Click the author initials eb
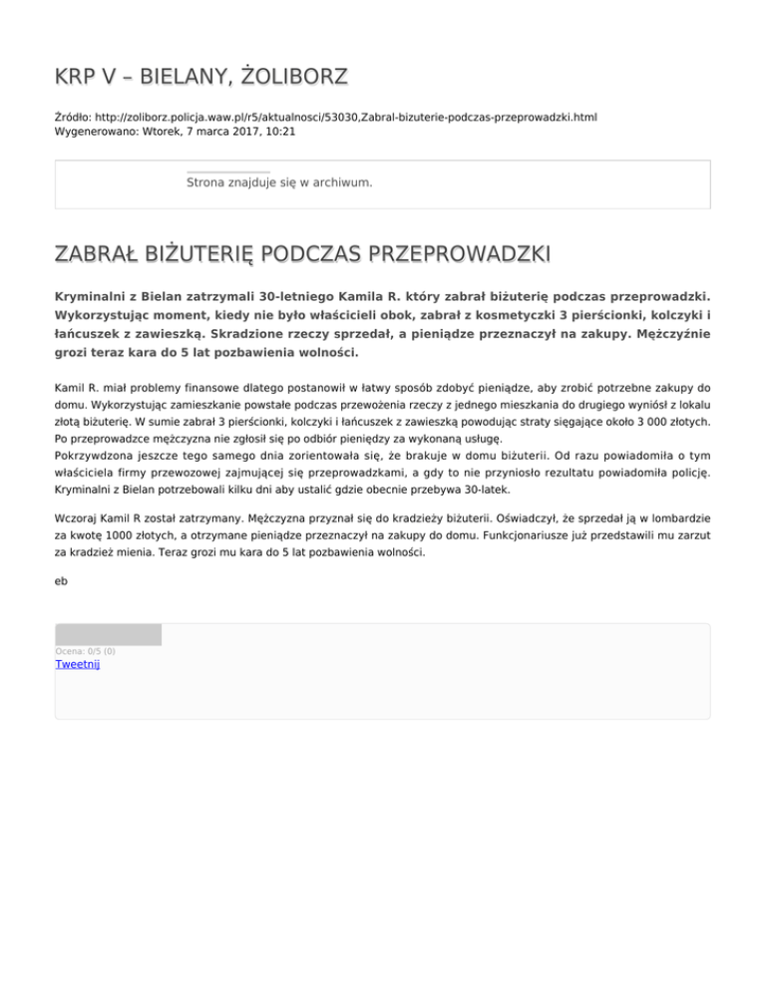pos(62,587)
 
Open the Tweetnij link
pos(77,665)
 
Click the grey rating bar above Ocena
pos(108,634)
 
